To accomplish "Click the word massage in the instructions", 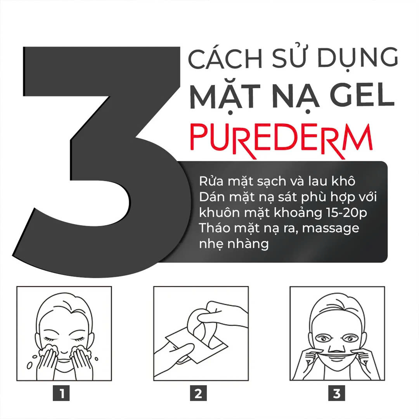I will pyautogui.click(x=331, y=228).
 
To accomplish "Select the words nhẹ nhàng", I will pyautogui.click(x=234, y=244).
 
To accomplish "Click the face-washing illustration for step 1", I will pyautogui.click(x=64, y=334).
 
